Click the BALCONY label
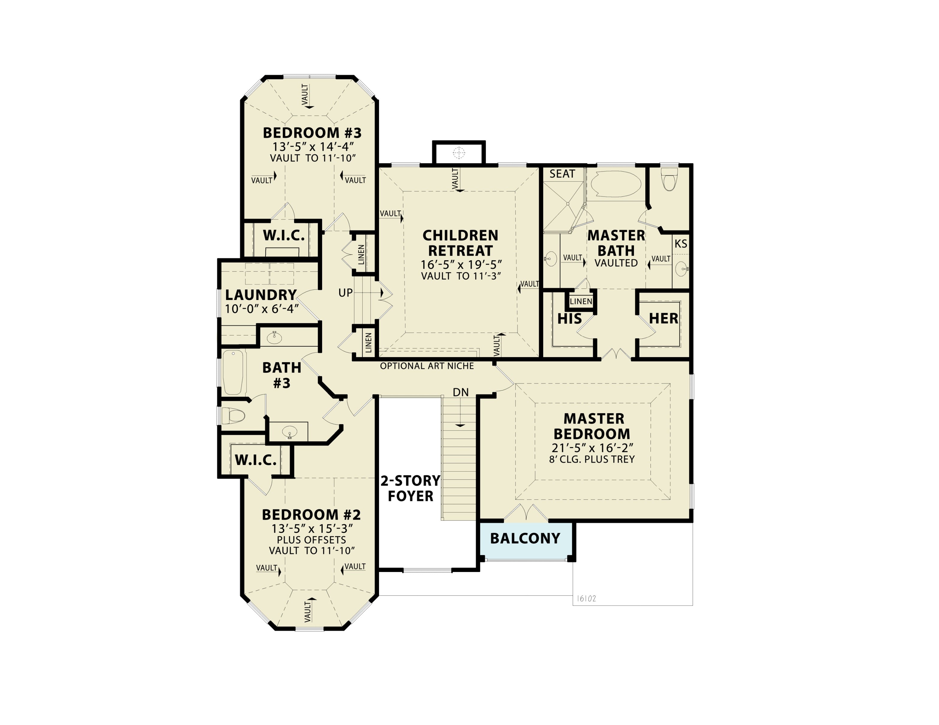[x=525, y=538]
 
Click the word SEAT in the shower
[x=562, y=174]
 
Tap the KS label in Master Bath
[x=681, y=244]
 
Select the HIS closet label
[x=569, y=319]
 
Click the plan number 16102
[x=586, y=598]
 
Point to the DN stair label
[x=461, y=392]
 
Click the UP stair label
[x=345, y=293]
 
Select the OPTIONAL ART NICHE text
[x=427, y=366]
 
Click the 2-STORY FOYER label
[x=410, y=488]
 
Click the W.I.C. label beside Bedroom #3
[x=284, y=235]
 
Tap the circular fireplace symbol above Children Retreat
[x=459, y=152]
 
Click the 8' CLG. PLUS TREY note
[x=592, y=459]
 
